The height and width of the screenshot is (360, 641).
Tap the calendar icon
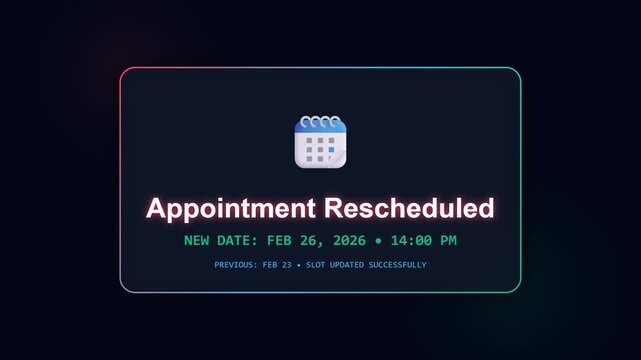tap(320, 142)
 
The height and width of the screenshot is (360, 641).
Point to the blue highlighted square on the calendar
tap(332, 149)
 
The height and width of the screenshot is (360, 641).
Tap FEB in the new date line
tap(293, 240)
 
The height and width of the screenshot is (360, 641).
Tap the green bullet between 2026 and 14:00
tap(391, 240)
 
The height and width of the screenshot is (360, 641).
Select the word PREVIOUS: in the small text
tap(236, 265)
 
